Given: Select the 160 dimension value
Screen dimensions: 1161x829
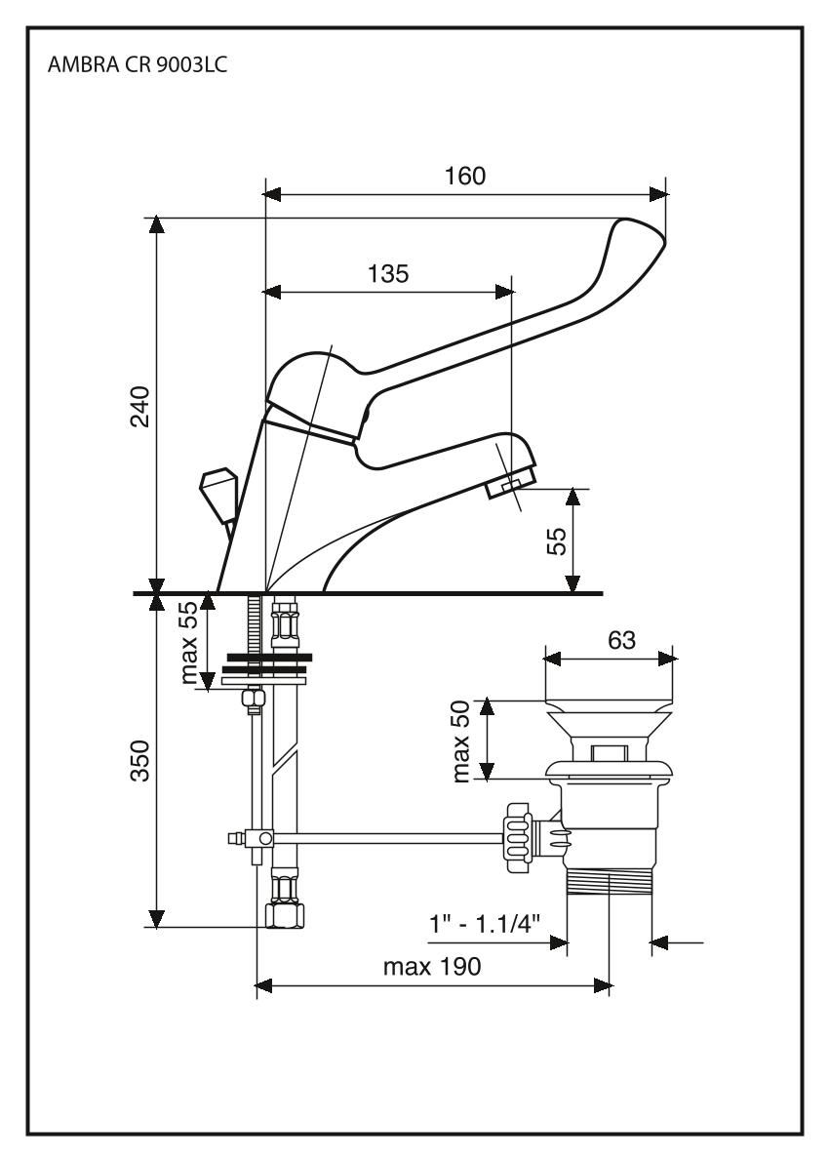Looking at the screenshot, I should tap(465, 176).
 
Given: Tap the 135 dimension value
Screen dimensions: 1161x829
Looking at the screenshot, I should tap(387, 273).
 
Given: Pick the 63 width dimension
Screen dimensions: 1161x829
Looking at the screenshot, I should tap(620, 640).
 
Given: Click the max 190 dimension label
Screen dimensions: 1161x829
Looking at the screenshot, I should tap(431, 968).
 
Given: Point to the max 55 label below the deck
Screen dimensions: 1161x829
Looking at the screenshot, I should tap(191, 641).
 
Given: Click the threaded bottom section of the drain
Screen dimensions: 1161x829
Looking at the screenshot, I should tap(608, 884).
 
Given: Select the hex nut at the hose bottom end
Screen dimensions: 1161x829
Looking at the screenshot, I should tap(284, 914).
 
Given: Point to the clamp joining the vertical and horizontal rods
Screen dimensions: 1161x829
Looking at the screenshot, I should tap(262, 837).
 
